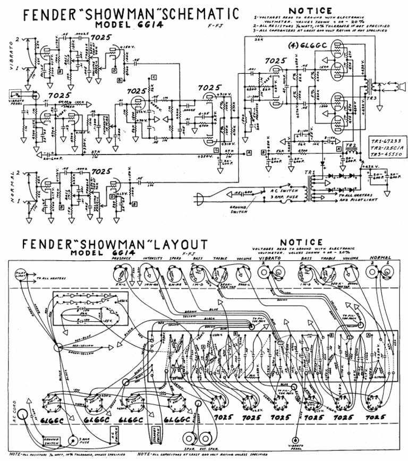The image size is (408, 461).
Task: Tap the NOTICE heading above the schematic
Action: coord(310,10)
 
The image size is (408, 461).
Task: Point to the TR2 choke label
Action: coord(350,145)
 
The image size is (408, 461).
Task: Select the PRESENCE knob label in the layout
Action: coord(121,259)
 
